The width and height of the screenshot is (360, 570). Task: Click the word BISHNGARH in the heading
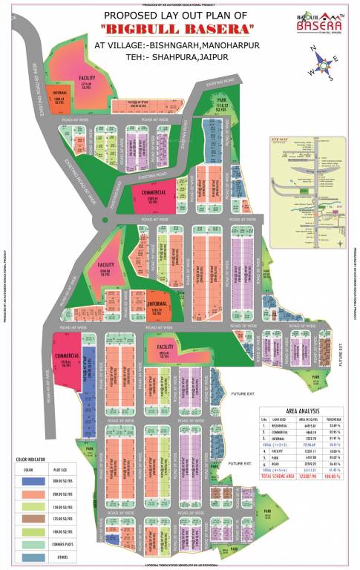[162, 45]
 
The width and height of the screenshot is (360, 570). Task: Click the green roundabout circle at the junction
[105, 220]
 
